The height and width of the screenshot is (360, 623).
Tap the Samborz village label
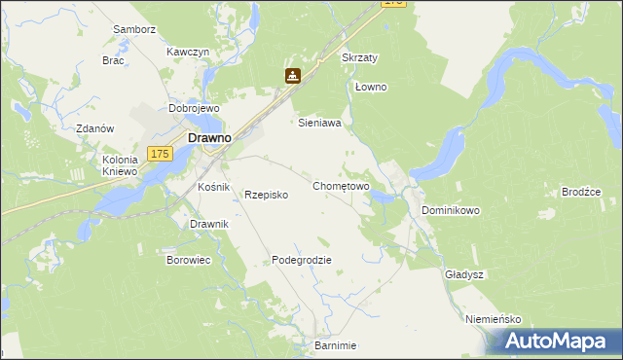134,29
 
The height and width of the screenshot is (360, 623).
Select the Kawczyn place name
188,52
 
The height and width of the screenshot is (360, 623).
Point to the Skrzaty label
360,57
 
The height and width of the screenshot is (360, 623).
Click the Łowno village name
371,87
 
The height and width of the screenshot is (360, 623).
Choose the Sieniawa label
318,124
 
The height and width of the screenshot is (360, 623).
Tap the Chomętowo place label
341,186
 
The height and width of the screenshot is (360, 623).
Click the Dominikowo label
451,210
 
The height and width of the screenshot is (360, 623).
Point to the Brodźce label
582,192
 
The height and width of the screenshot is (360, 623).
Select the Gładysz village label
464,274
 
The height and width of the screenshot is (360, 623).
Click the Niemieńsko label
494,319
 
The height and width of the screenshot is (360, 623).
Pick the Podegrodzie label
302,260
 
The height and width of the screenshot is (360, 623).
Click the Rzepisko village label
266,195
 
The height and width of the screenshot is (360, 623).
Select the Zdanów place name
96,128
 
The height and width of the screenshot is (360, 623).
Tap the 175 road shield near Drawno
162,154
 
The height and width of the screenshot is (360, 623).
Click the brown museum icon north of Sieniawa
291,75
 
